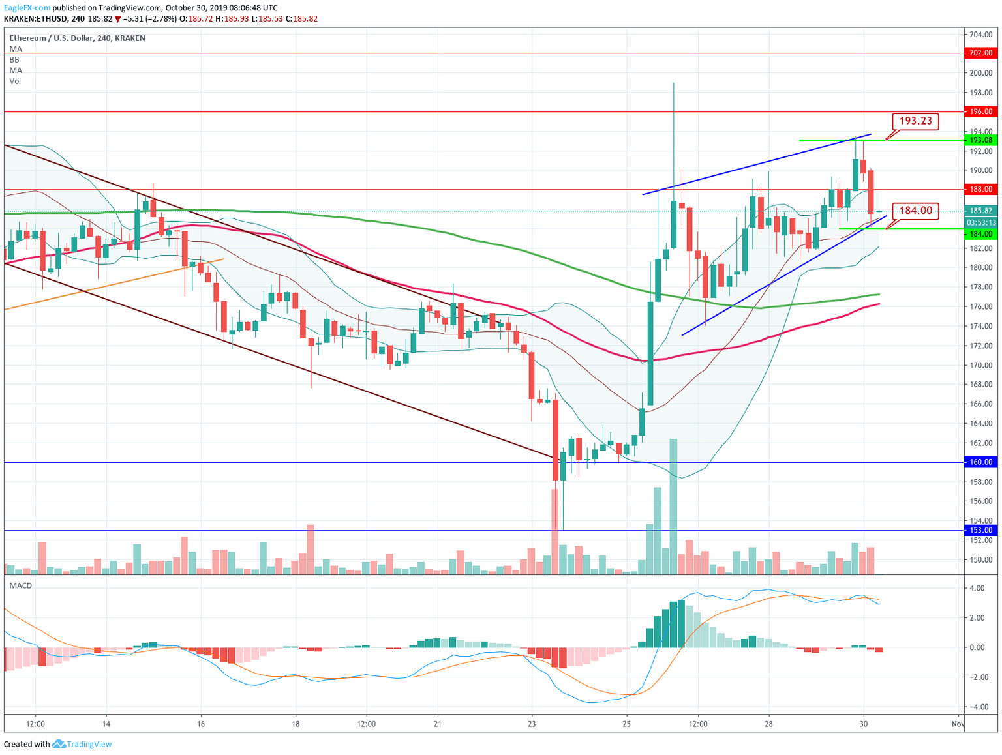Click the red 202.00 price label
click(981, 53)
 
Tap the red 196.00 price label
click(981, 111)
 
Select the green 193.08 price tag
click(981, 140)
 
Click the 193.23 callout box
click(916, 121)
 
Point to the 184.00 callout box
click(916, 211)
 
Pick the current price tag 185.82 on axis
click(981, 211)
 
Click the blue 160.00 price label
click(981, 462)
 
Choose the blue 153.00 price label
click(981, 531)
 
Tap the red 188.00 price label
click(981, 189)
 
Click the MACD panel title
click(21, 585)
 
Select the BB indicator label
click(14, 59)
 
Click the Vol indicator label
click(15, 81)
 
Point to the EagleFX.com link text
click(27, 7)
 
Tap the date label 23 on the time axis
click(532, 724)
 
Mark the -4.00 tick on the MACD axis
click(977, 707)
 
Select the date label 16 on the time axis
click(201, 724)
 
